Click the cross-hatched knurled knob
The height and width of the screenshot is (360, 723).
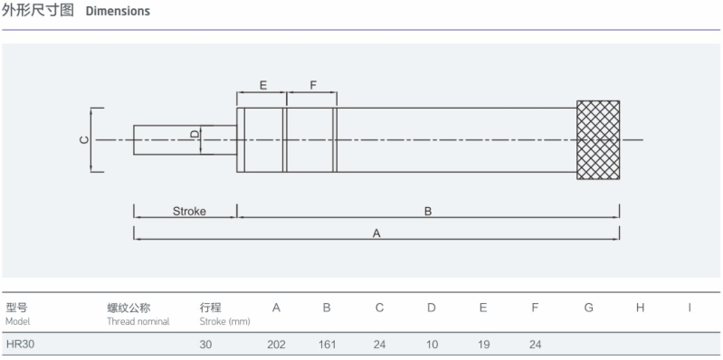pos(598,140)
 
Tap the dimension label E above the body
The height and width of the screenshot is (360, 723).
pos(263,85)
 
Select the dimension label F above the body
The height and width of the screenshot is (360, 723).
pos(313,85)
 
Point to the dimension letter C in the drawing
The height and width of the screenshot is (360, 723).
pos(84,140)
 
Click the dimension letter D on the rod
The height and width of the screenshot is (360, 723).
pos(195,134)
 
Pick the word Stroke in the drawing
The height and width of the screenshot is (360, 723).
pos(189,212)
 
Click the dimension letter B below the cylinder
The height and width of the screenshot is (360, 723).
pos(428,212)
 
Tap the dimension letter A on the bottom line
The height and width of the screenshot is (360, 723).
pos(376,233)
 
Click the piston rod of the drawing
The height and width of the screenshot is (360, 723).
pos(186,139)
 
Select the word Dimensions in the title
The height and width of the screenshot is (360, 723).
pos(118,11)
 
